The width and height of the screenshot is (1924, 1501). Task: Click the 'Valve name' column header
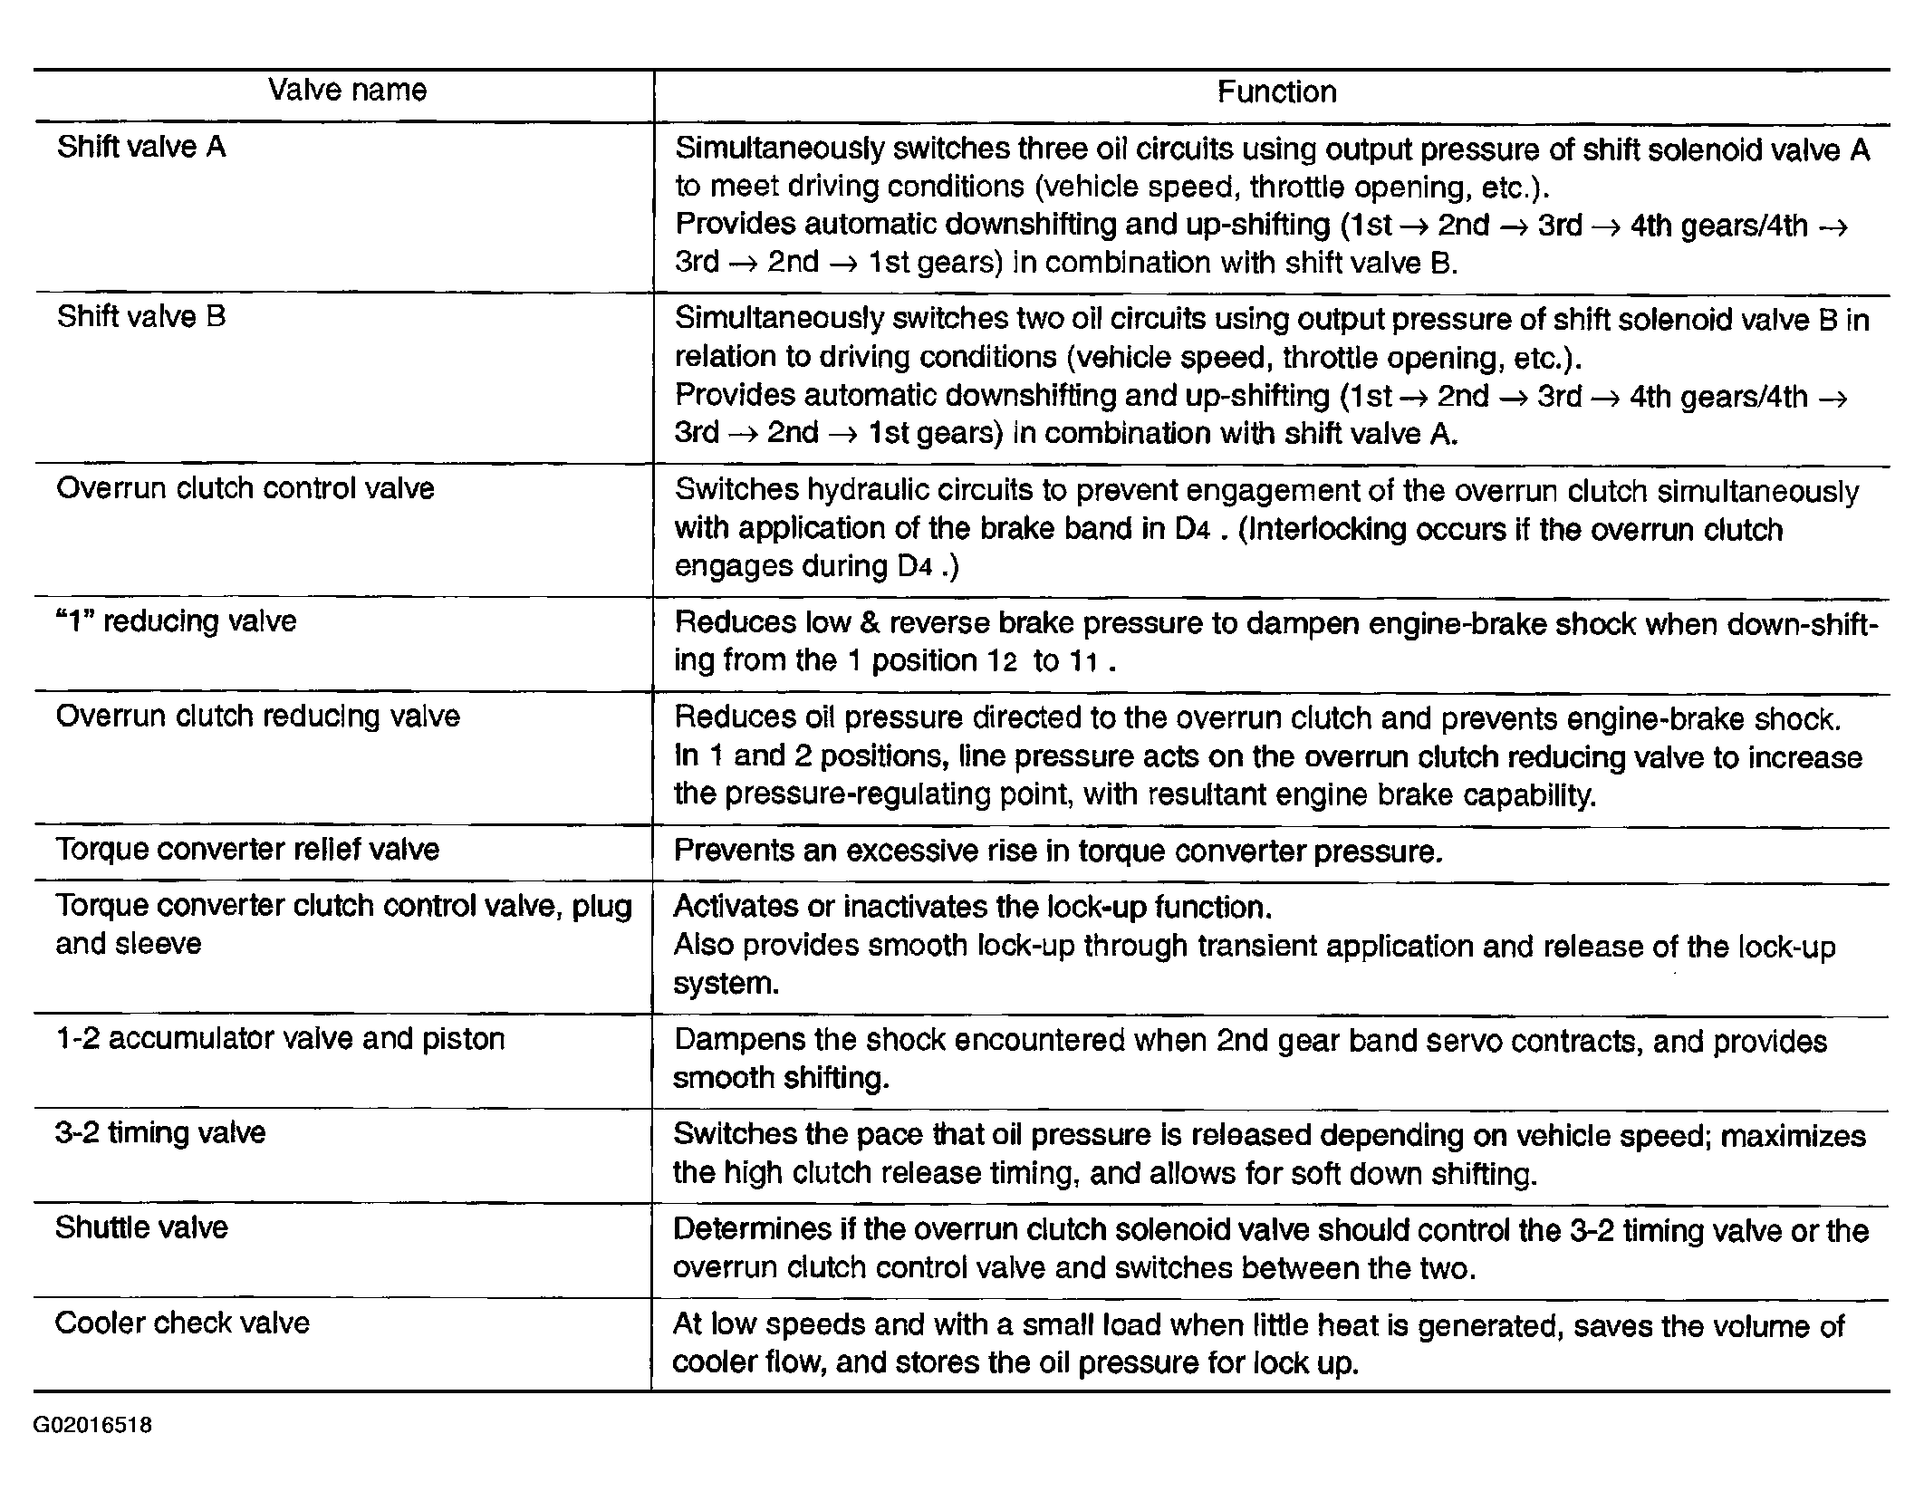(347, 91)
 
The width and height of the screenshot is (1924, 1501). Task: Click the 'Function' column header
(1275, 92)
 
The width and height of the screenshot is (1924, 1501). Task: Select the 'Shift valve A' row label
(141, 148)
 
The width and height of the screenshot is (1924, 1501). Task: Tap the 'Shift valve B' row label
(141, 317)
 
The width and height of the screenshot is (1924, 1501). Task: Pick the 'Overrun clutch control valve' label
(245, 489)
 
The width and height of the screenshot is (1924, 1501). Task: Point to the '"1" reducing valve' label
(177, 621)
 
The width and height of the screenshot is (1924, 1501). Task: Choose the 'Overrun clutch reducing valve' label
(258, 717)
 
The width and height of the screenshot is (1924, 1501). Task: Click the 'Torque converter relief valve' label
(247, 850)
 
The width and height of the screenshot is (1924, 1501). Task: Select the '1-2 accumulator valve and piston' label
(280, 1039)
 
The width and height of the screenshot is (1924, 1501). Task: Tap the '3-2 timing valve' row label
(160, 1133)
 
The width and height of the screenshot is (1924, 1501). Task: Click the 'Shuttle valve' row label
(141, 1228)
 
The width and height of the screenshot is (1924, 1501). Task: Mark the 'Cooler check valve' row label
(182, 1323)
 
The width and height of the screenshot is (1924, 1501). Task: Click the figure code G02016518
(92, 1426)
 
